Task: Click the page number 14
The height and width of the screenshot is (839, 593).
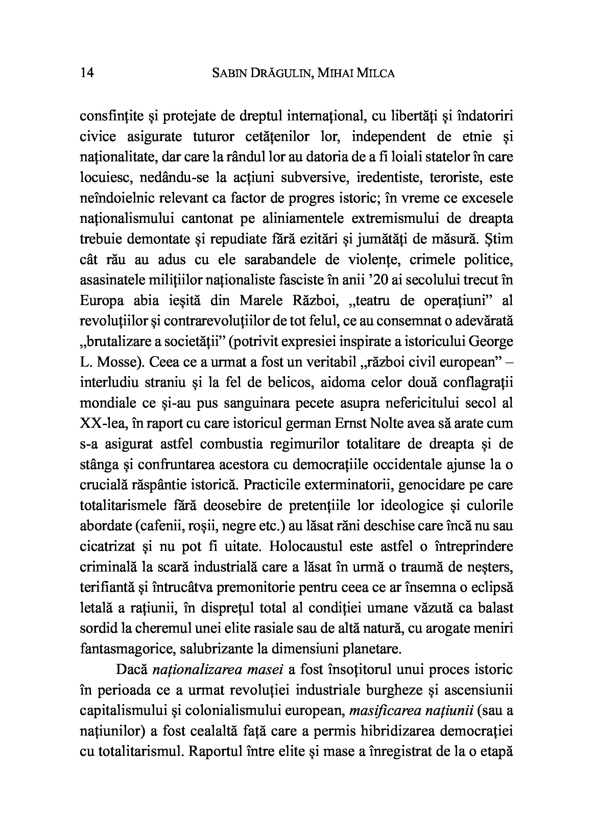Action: pos(87,73)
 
